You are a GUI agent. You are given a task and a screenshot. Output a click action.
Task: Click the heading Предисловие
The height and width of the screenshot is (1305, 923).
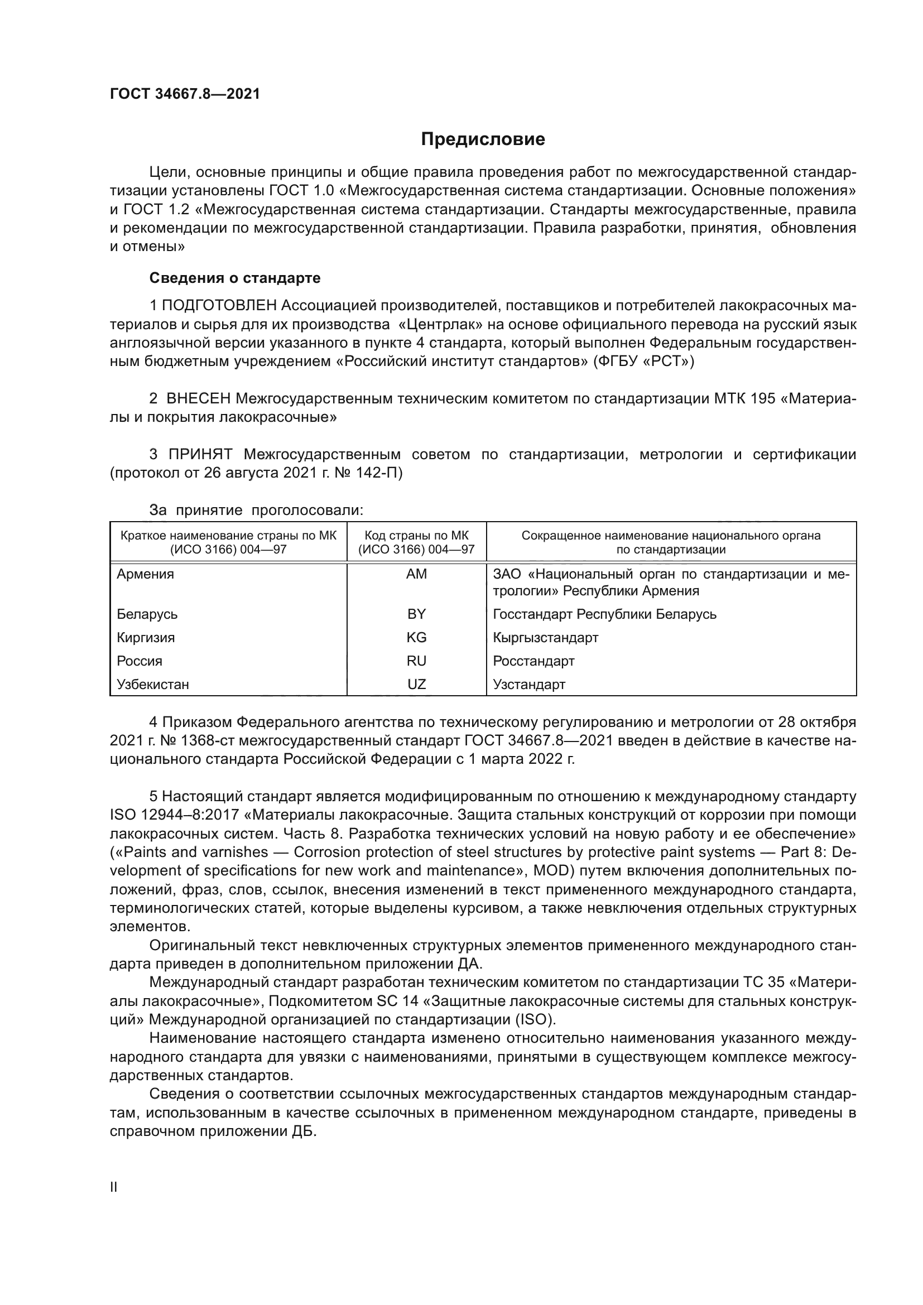483,139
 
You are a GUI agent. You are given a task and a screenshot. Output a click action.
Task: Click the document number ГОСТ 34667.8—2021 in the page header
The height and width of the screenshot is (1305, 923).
185,94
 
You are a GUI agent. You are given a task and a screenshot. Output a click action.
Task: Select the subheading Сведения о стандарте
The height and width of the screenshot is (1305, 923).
235,278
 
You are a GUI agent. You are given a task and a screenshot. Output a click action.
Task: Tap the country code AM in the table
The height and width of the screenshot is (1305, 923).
417,574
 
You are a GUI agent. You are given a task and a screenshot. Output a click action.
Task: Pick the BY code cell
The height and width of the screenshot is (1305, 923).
417,614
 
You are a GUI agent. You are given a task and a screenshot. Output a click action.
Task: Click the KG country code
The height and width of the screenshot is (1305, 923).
417,637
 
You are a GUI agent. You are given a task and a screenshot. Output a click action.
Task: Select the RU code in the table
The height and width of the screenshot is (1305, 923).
417,661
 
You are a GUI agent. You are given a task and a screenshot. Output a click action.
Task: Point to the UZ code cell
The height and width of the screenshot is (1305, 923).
417,685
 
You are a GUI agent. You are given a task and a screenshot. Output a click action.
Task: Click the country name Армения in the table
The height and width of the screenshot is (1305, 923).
146,574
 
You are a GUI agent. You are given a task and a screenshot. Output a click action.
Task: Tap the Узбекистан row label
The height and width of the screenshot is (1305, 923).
153,685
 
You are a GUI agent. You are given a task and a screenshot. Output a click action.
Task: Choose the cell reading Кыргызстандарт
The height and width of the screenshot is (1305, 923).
546,637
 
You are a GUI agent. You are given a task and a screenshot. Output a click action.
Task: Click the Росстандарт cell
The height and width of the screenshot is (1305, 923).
533,661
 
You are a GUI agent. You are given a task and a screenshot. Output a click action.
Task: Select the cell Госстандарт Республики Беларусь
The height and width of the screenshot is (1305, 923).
605,614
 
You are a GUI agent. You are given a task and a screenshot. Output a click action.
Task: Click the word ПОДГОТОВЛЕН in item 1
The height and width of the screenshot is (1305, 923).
220,306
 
